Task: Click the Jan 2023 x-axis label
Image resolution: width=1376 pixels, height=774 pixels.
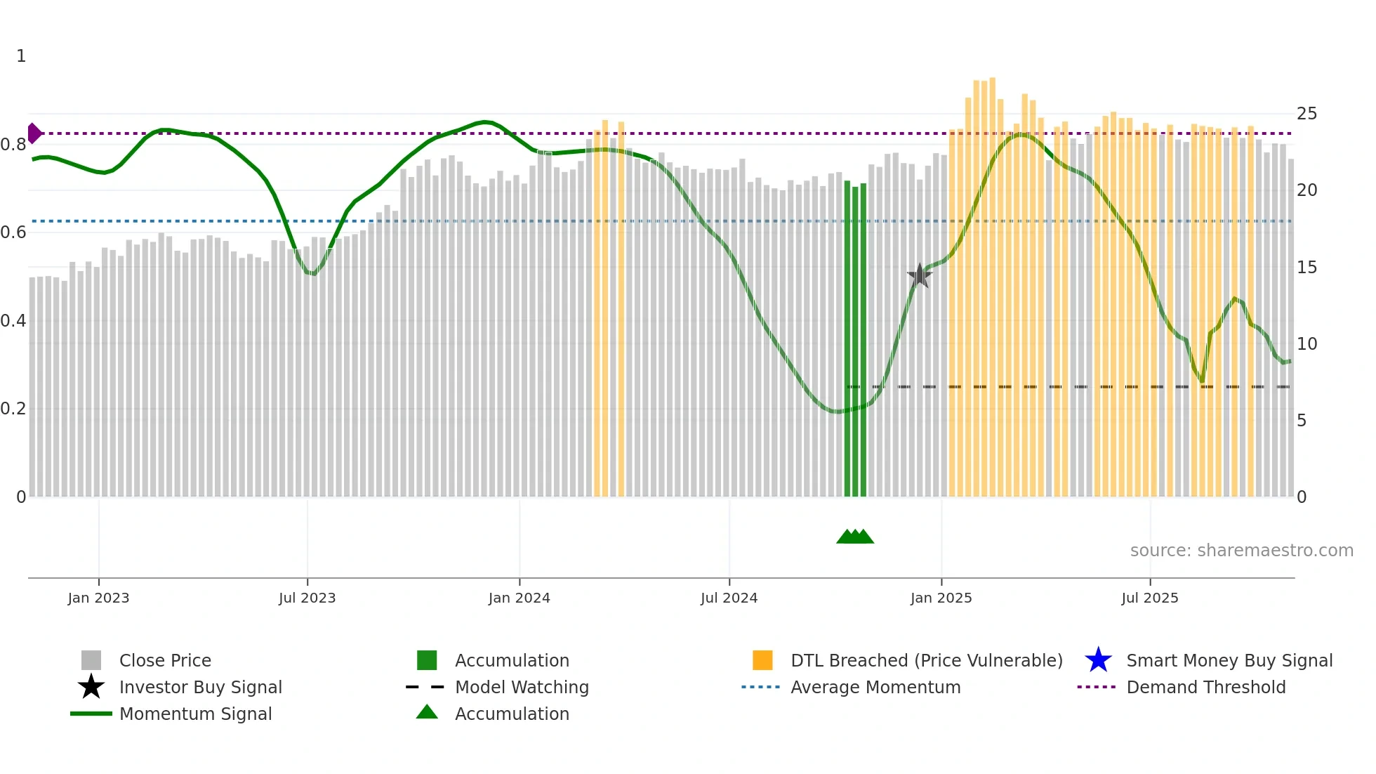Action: click(x=98, y=598)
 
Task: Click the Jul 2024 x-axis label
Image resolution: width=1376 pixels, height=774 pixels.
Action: click(x=729, y=598)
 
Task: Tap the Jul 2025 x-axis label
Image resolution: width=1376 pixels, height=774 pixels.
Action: click(x=1149, y=598)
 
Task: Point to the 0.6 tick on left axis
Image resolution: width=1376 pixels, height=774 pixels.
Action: click(x=13, y=232)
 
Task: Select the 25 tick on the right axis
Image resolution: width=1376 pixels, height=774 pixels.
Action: click(x=1306, y=114)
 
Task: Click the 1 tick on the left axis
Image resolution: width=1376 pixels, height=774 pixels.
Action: click(x=21, y=56)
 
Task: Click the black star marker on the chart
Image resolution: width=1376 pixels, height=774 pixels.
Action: click(x=919, y=275)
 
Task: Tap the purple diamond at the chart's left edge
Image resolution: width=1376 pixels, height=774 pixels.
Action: click(x=34, y=133)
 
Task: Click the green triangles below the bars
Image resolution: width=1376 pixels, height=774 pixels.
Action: click(x=854, y=537)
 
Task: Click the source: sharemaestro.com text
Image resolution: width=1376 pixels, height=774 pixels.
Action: click(x=1241, y=551)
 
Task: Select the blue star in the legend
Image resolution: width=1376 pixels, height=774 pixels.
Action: click(x=1098, y=660)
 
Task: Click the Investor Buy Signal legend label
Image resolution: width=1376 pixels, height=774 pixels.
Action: click(x=200, y=687)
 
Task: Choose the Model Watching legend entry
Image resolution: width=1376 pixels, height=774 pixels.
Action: click(x=522, y=687)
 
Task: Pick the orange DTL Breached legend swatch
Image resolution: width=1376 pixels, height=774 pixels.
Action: click(x=762, y=660)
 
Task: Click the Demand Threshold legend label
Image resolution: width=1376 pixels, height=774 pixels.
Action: click(x=1205, y=687)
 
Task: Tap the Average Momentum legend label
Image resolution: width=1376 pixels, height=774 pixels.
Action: click(x=875, y=687)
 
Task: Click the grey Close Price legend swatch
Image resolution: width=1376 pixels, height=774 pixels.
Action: click(x=91, y=660)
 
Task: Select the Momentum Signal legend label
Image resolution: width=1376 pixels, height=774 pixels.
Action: click(x=195, y=714)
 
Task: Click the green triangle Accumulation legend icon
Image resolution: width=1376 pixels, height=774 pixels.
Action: click(x=427, y=712)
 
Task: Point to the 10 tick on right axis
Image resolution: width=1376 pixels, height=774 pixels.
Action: click(x=1306, y=344)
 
